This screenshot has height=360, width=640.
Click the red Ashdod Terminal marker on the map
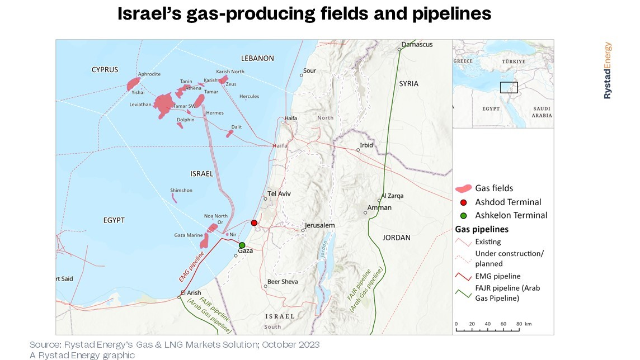(254, 223)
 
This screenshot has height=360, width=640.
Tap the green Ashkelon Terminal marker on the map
(242, 245)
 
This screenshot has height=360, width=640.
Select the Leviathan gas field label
(140, 105)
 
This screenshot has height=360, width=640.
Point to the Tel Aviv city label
(280, 194)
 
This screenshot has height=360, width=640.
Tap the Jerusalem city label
(319, 226)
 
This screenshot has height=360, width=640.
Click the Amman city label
(379, 208)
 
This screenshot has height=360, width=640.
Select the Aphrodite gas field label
(149, 74)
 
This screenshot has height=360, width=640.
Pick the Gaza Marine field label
(188, 235)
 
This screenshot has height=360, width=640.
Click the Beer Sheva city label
(283, 282)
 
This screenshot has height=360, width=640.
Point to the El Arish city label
(191, 292)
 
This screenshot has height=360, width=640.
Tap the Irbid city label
(366, 145)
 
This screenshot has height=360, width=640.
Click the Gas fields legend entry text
(494, 188)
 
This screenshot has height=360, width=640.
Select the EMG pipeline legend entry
(497, 276)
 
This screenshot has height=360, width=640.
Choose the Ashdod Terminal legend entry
(508, 202)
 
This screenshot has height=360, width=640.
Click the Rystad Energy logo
(608, 71)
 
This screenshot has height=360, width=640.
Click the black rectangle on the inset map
(509, 87)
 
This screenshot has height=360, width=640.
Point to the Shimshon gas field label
(181, 191)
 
